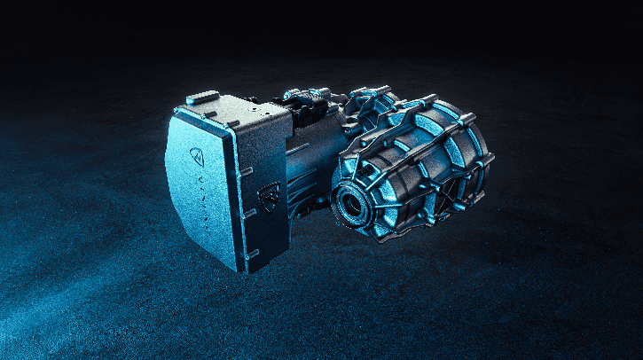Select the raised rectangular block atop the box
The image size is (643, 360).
[x=203, y=98]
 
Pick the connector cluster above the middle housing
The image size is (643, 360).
[x=306, y=98]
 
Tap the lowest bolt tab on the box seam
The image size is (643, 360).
[x=251, y=255]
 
